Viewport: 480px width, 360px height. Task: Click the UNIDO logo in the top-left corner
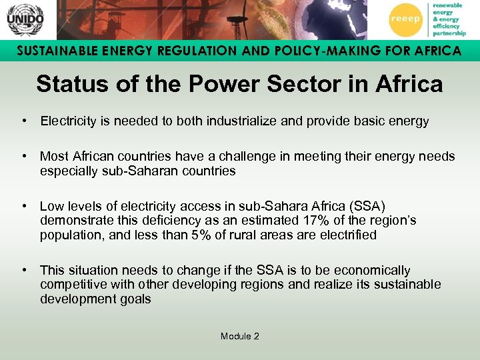pos(25,19)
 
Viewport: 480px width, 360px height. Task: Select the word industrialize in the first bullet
pos(257,121)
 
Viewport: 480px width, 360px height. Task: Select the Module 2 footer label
pos(239,336)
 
